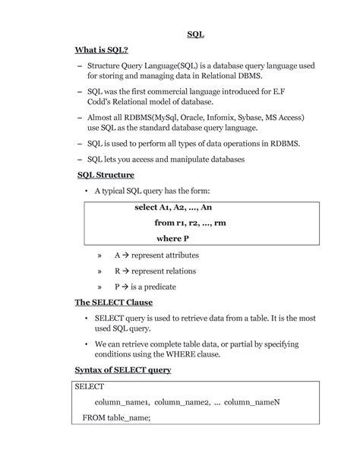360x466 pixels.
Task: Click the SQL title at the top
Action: pos(196,34)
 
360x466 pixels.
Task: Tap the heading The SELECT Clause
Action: pos(113,302)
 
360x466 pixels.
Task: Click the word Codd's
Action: pos(101,101)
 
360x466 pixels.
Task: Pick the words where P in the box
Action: pos(172,239)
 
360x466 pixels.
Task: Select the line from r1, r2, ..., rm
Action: pos(190,223)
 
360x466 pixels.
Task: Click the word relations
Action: pos(175,271)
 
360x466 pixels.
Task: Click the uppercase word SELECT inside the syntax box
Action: pos(90,386)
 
